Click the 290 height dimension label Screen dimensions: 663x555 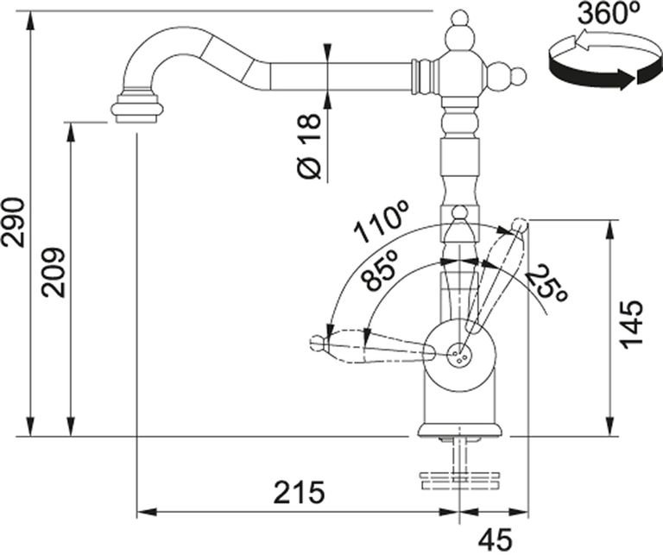(13, 222)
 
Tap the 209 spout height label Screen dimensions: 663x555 (54, 273)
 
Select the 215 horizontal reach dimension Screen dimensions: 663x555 (299, 492)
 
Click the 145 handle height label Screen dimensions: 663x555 (632, 325)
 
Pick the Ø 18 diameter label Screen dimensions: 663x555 (309, 146)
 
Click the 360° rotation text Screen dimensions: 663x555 (609, 14)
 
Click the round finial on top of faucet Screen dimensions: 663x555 (459, 18)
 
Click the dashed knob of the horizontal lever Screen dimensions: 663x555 (317, 342)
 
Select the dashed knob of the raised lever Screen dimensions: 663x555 (520, 226)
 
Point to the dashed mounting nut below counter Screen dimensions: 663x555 (459, 481)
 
